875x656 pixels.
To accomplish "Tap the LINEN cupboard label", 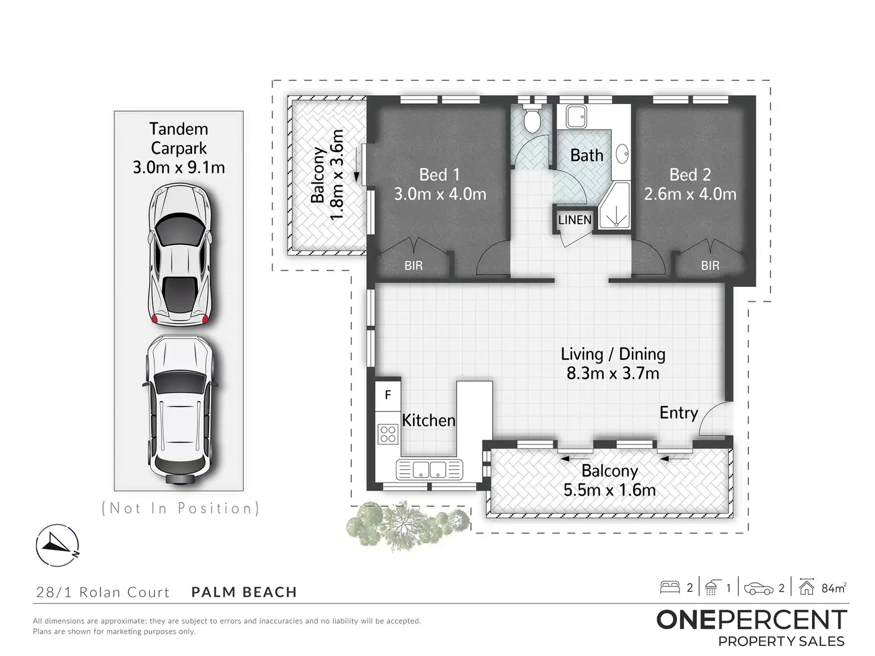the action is tap(574, 220).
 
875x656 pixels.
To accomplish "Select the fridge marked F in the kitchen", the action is tap(388, 396).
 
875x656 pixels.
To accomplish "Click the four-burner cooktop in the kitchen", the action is tap(388, 434).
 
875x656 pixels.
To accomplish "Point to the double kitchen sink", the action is tap(429, 469).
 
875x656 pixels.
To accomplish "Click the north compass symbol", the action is tap(58, 545).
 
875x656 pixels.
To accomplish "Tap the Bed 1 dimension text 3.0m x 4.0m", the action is tap(440, 194).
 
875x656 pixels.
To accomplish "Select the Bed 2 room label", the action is tap(690, 175).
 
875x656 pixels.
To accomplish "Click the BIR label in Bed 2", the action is tap(710, 266).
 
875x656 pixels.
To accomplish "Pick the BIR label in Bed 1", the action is tap(413, 266).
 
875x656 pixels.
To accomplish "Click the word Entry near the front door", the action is tap(678, 413).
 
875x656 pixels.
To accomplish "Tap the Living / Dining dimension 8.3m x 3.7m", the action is tap(613, 374).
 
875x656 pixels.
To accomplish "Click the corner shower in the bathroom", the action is tap(614, 206).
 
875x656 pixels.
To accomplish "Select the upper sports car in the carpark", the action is tap(180, 254).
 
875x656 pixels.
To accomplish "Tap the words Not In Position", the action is tap(181, 508).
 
